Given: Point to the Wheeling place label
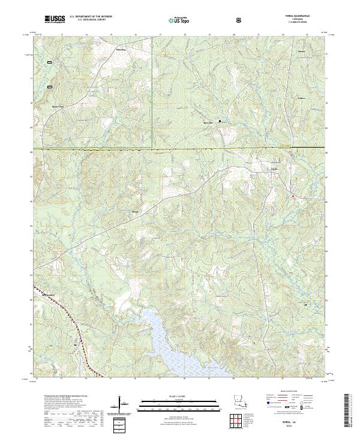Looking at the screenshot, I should click(x=121, y=44).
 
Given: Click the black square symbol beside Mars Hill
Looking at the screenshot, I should click(x=219, y=121).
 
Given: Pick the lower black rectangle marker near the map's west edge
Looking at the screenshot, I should click(x=50, y=86).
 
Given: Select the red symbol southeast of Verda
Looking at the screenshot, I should click(x=293, y=196).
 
